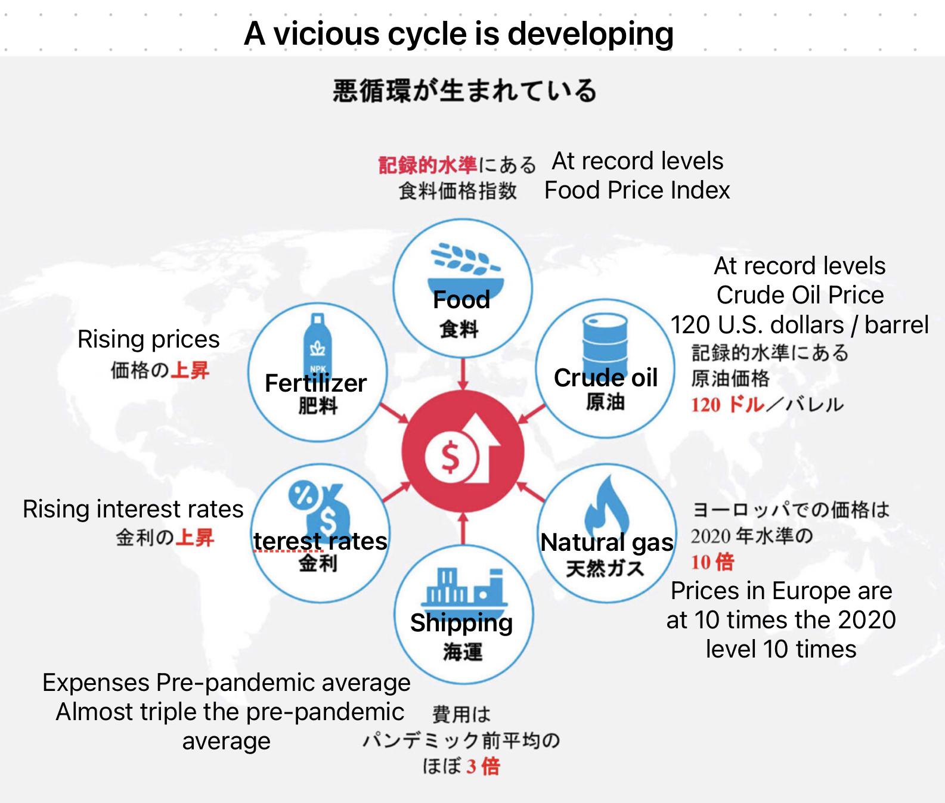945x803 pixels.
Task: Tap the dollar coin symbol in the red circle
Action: click(x=451, y=458)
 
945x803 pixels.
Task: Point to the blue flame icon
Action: click(x=608, y=504)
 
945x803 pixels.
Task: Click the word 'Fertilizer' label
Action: click(x=315, y=383)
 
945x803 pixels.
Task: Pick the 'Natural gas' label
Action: click(x=606, y=542)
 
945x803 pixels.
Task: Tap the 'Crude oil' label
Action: click(x=605, y=377)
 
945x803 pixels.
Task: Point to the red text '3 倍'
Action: click(x=483, y=766)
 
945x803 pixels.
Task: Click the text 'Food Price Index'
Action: click(x=637, y=190)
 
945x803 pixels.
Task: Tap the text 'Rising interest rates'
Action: click(x=133, y=509)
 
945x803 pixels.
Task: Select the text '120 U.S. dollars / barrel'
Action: click(x=799, y=325)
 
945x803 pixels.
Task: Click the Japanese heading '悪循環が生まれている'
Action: click(x=464, y=91)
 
